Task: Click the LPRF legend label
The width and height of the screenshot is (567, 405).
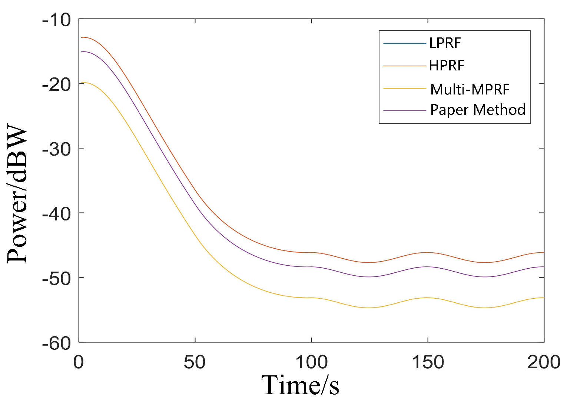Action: pyautogui.click(x=445, y=43)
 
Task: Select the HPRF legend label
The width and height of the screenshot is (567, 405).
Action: pyautogui.click(x=446, y=66)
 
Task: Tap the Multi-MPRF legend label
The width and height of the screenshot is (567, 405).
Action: pyautogui.click(x=470, y=89)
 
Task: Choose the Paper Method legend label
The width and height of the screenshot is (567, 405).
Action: pyautogui.click(x=478, y=110)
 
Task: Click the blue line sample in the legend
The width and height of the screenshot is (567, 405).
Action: pyautogui.click(x=404, y=44)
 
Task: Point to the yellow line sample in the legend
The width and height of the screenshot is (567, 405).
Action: pyautogui.click(x=404, y=89)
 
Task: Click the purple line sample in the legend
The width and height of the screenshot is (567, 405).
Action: pyautogui.click(x=404, y=110)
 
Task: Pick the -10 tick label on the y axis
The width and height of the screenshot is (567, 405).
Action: pyautogui.click(x=56, y=20)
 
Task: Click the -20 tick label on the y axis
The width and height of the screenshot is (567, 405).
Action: pyautogui.click(x=56, y=84)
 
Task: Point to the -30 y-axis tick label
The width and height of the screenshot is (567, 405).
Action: pyautogui.click(x=56, y=149)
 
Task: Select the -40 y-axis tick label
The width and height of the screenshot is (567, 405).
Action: pyautogui.click(x=56, y=214)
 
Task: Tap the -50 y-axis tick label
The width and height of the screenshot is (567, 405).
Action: pyautogui.click(x=56, y=278)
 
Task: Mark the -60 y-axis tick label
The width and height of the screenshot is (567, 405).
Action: pyautogui.click(x=56, y=343)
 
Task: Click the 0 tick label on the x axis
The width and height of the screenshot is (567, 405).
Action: pyautogui.click(x=79, y=362)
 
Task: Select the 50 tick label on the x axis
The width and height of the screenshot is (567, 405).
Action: pyautogui.click(x=195, y=362)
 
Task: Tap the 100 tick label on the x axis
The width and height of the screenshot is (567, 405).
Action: pyautogui.click(x=311, y=362)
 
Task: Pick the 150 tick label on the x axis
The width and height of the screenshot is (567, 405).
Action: pyautogui.click(x=428, y=362)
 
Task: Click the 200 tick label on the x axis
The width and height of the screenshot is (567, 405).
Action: pyautogui.click(x=543, y=362)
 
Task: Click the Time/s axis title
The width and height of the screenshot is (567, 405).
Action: pyautogui.click(x=300, y=385)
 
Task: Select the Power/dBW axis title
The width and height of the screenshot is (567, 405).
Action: pyautogui.click(x=18, y=195)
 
